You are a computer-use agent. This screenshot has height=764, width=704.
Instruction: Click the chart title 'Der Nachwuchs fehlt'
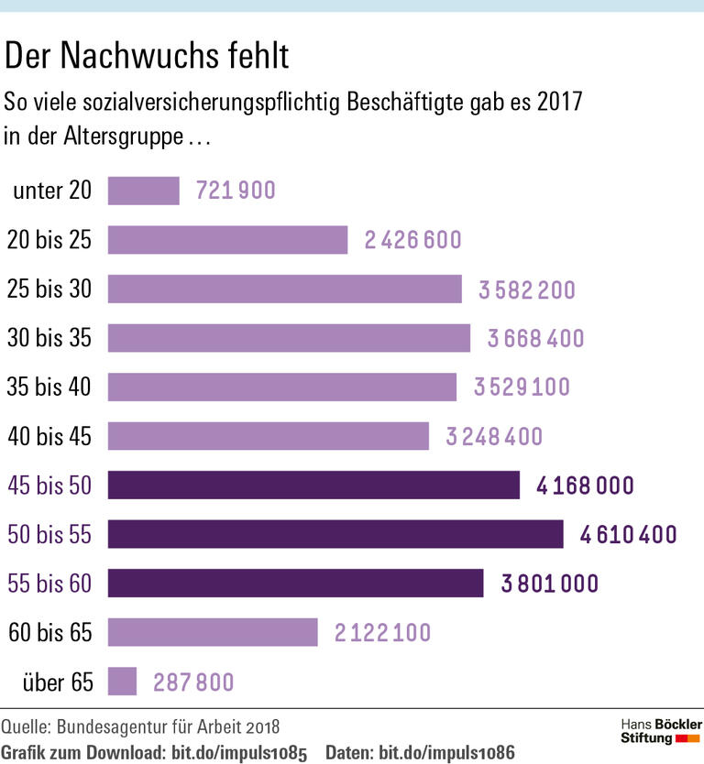(148, 56)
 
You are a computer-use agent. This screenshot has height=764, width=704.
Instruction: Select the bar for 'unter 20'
(144, 191)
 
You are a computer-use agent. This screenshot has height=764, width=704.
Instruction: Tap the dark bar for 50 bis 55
(335, 534)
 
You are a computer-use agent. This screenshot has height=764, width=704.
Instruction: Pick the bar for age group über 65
(122, 682)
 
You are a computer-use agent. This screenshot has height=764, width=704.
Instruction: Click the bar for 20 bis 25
(227, 240)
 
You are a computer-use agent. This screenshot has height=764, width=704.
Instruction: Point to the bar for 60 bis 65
(213, 632)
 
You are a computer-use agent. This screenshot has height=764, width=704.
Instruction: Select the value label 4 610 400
(628, 534)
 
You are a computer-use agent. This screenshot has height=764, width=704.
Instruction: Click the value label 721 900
(236, 191)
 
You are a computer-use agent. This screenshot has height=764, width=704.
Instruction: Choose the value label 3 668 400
(535, 339)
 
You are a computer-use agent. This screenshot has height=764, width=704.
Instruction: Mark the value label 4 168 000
(585, 485)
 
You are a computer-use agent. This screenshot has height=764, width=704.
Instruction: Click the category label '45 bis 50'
(49, 485)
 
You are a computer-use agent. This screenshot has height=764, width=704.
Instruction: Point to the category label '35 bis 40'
(49, 387)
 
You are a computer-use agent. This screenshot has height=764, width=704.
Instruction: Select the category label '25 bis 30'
(49, 289)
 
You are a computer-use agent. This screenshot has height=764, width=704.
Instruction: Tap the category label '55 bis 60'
(49, 584)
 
